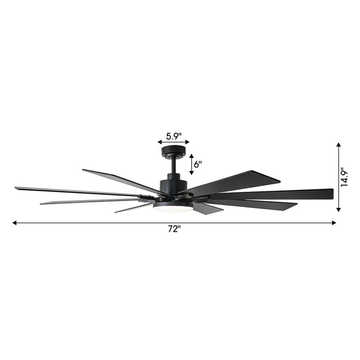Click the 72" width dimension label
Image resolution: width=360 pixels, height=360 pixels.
(x=174, y=229)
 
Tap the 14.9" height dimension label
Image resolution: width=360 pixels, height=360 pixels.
(x=345, y=177)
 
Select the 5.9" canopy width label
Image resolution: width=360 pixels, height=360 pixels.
(x=174, y=135)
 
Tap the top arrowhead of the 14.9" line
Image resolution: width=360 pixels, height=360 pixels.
(x=339, y=145)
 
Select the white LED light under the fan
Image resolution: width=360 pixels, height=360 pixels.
(x=173, y=208)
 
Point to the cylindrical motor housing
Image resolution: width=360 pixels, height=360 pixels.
(x=174, y=185)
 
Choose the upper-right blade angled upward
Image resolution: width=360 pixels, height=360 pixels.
(x=243, y=180)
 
